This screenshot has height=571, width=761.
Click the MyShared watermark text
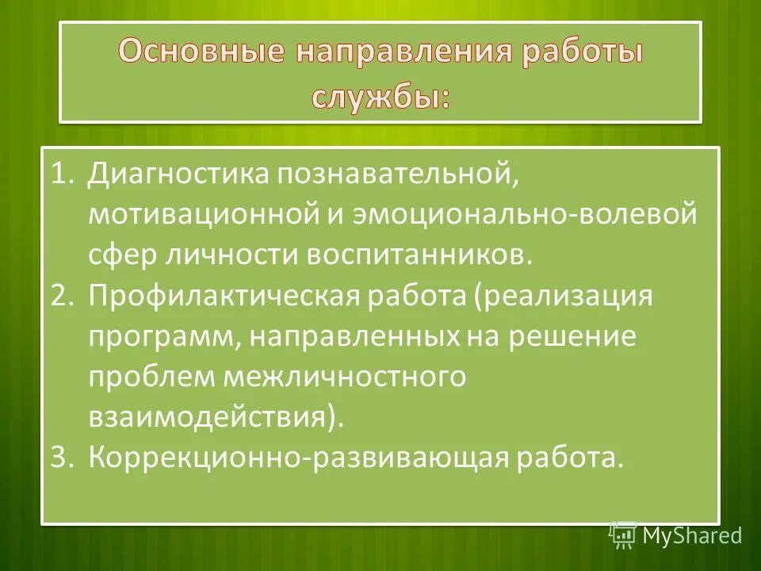pyautogui.click(x=692, y=535)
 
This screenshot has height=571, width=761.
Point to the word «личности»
pyautogui.click(x=231, y=255)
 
